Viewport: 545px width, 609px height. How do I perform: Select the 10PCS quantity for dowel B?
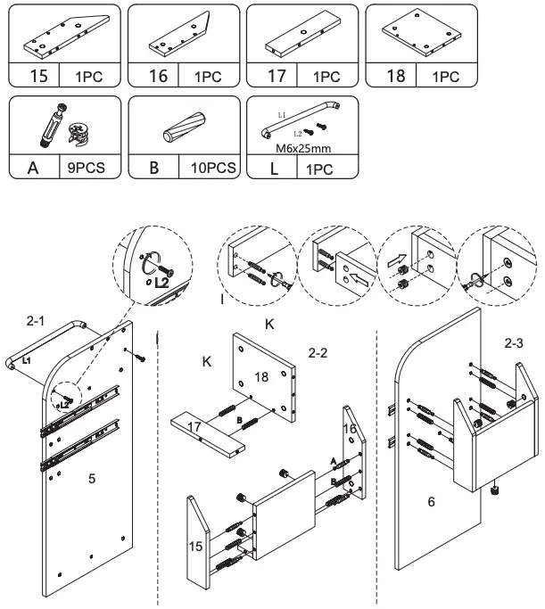[211, 166]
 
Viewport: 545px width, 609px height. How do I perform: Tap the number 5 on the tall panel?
[91, 479]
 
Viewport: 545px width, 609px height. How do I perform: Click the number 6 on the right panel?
[431, 503]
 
